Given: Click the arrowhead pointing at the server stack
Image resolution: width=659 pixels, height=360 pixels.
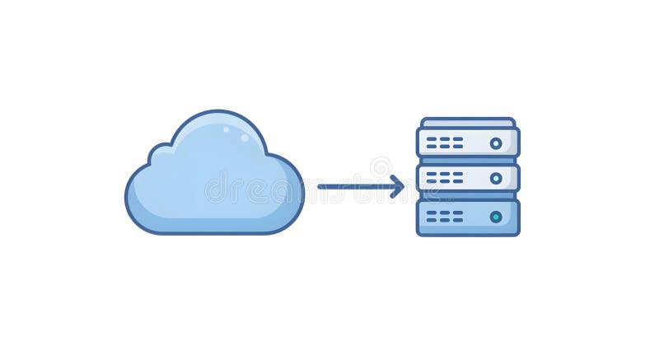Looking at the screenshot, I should pos(399,186).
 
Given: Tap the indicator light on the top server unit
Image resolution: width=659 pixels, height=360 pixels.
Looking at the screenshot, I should pos(496,143).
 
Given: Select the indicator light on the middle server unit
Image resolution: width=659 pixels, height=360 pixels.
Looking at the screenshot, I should pos(496,178).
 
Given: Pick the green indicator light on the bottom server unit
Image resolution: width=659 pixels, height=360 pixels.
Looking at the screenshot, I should pos(496,217).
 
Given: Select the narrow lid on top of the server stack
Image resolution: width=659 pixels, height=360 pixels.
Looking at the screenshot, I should pos(468,123).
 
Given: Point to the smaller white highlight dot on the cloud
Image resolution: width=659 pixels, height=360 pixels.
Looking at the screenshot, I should pos(245,138).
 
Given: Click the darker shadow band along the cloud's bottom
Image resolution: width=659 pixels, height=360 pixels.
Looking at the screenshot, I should pos(214,224).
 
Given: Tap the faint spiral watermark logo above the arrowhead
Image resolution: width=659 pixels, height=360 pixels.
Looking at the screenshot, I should pos(381,167).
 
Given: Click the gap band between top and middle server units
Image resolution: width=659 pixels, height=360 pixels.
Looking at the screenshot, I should pos(468,160).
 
